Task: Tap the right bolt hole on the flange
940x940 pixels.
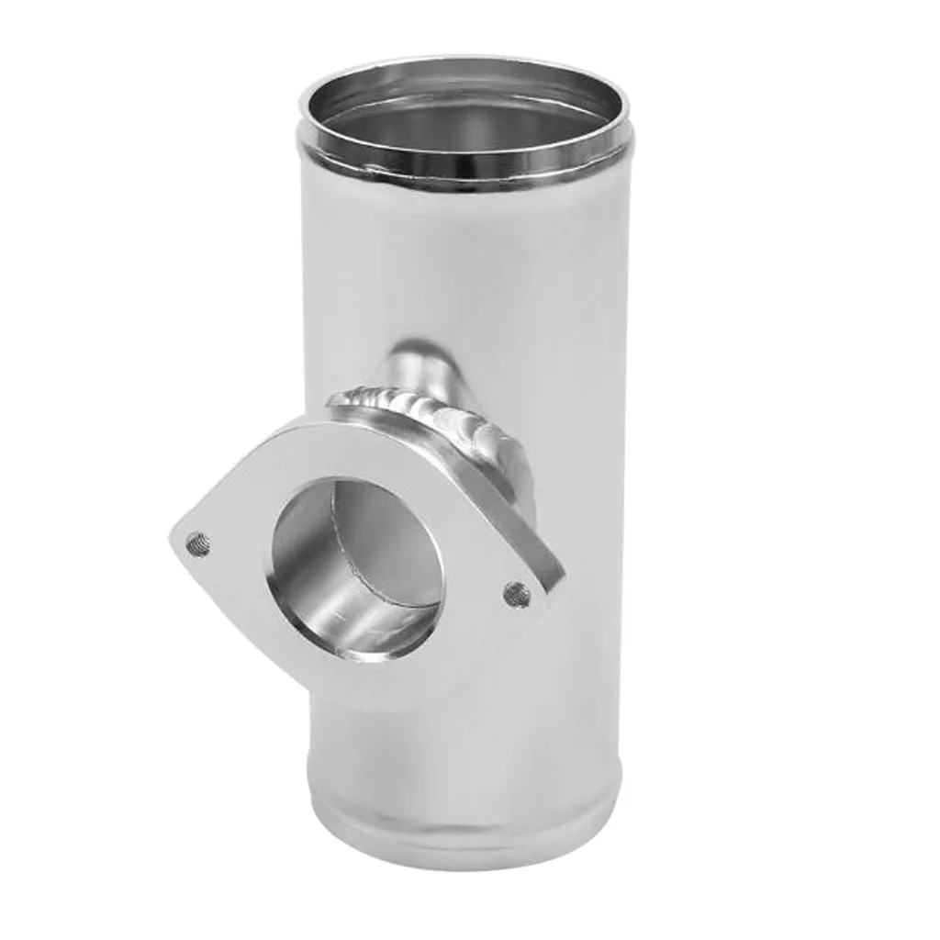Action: tap(518, 595)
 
